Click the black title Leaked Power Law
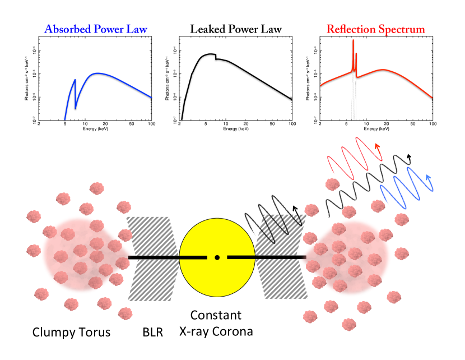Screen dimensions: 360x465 (x=235, y=29)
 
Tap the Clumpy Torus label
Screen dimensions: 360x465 (x=71, y=332)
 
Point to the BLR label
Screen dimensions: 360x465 (x=152, y=332)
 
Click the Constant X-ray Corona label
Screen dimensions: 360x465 (x=216, y=323)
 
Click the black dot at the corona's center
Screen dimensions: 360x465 (x=217, y=257)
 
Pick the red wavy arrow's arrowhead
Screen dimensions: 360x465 (x=379, y=147)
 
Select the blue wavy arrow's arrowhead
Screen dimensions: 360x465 (x=430, y=178)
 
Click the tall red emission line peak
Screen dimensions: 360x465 (x=353, y=41)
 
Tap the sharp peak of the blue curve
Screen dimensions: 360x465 (x=75, y=80)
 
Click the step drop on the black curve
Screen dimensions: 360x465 (x=216, y=57)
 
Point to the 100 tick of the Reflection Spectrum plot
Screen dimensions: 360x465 (x=433, y=124)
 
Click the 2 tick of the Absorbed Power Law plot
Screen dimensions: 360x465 (x=39, y=124)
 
